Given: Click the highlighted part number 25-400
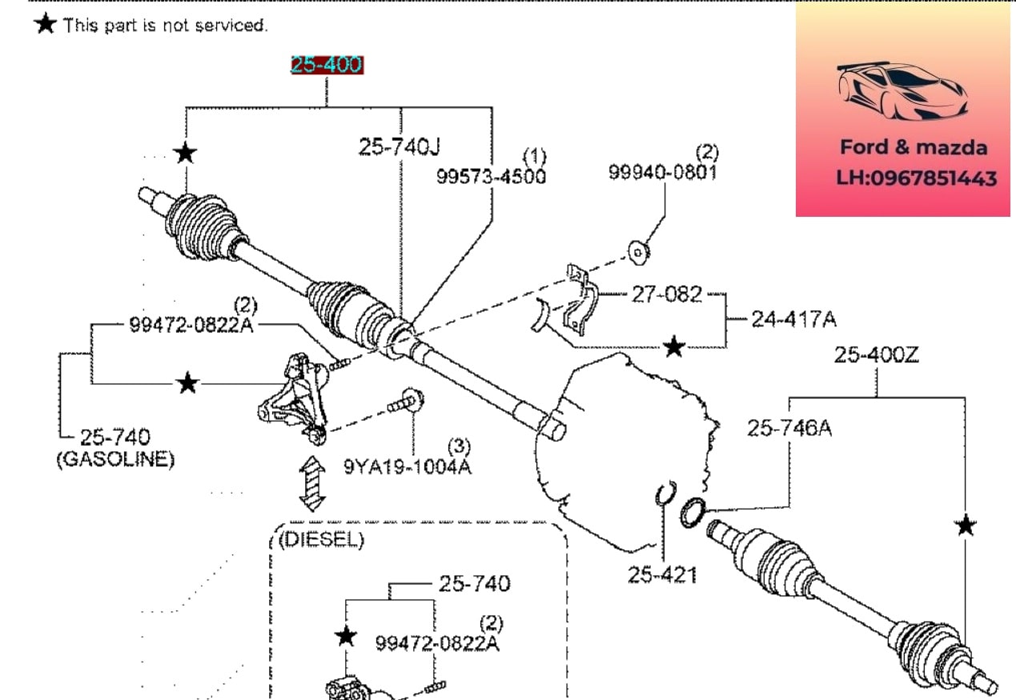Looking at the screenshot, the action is click(x=327, y=65).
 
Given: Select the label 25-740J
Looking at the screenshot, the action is click(x=400, y=146).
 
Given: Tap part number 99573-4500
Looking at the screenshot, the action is click(x=492, y=176).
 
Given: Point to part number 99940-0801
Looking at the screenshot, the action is click(x=663, y=172).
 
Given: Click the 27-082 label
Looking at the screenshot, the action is click(x=667, y=294).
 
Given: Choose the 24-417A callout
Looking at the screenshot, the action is click(x=794, y=319).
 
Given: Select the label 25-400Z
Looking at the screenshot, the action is click(x=877, y=354).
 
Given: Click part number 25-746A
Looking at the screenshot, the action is click(x=789, y=428).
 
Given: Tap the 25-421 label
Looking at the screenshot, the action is click(x=662, y=575).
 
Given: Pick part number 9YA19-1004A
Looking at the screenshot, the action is click(x=408, y=466).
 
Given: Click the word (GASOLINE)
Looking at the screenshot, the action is click(x=115, y=459).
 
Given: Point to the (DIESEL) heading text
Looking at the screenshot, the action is click(x=321, y=540).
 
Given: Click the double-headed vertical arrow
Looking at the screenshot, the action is click(x=312, y=483).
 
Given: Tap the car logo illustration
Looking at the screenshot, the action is click(x=902, y=91).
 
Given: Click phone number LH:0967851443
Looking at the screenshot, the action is click(x=917, y=178).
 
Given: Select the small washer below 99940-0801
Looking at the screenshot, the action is click(x=639, y=252).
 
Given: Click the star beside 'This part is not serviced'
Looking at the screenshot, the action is click(x=46, y=23).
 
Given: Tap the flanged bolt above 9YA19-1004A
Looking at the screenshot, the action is click(x=407, y=402).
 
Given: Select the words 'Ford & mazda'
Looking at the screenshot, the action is click(x=914, y=147).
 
